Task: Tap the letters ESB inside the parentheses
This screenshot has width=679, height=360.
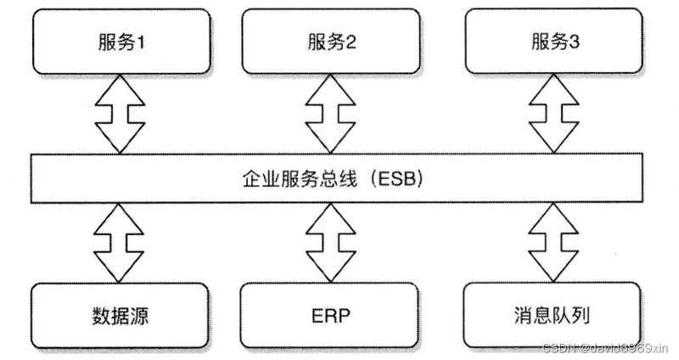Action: click(391, 180)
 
